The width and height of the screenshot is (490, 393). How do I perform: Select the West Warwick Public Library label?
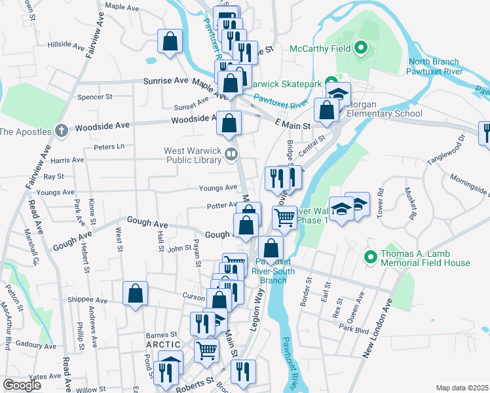[193, 155]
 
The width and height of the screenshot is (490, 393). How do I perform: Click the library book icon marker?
[231, 155]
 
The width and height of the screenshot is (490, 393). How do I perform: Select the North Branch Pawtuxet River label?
[435, 66]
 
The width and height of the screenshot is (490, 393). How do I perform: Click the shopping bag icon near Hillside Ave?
[170, 41]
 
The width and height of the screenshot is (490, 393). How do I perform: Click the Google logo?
[22, 384]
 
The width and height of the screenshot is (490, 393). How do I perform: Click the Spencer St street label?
[95, 97]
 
